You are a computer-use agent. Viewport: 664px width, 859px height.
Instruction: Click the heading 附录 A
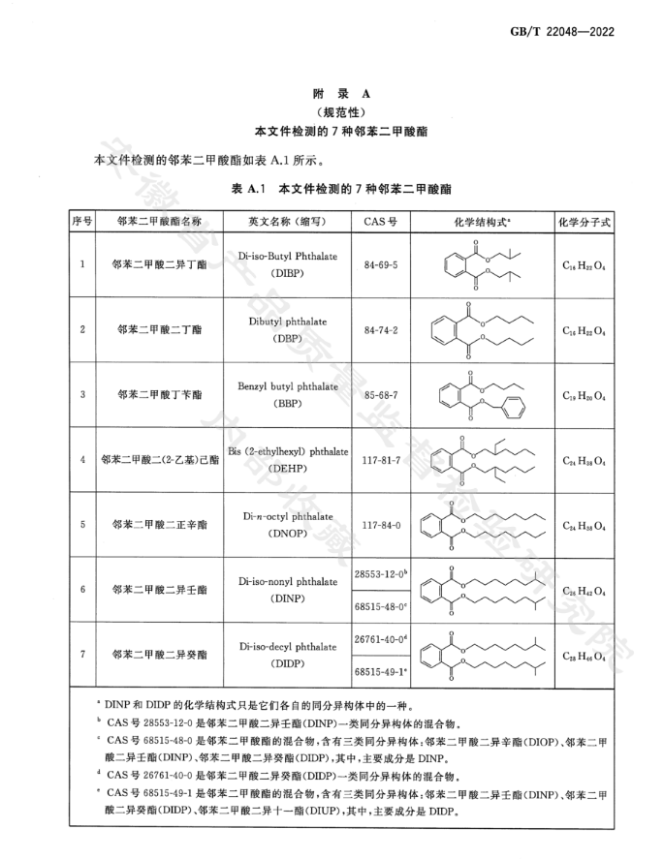coord(331,94)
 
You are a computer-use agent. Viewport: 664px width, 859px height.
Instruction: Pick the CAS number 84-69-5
coord(380,263)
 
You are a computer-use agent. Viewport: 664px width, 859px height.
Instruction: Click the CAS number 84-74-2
coord(380,329)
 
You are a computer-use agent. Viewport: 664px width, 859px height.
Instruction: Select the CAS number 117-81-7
coord(380,459)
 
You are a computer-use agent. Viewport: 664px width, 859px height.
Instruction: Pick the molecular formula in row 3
coord(585,395)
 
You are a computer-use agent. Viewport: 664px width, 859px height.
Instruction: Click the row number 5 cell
coord(81,525)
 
